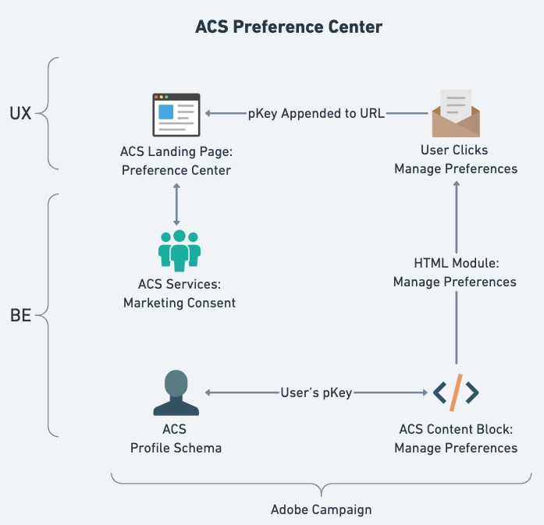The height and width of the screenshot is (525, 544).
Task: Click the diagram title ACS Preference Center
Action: tap(288, 27)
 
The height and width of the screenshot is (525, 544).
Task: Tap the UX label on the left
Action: tap(20, 113)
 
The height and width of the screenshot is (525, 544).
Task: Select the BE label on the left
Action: tap(20, 317)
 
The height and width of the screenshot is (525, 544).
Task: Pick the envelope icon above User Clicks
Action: tap(456, 114)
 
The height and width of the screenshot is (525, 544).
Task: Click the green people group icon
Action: tap(180, 250)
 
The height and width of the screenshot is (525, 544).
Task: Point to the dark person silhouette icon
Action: tap(176, 393)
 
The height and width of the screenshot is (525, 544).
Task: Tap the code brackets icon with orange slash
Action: tap(456, 392)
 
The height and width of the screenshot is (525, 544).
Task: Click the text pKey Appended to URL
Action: tap(316, 114)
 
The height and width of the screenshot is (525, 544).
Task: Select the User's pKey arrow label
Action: tap(316, 393)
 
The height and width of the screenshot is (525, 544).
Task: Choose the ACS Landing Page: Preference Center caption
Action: tap(176, 161)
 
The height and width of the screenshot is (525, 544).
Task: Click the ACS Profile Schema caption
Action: tap(176, 438)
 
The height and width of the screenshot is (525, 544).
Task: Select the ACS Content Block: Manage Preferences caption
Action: tap(456, 438)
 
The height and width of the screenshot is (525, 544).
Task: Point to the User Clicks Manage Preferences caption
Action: tap(456, 160)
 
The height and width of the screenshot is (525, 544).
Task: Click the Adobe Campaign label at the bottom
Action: tap(321, 510)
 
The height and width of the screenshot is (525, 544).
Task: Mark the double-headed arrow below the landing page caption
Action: tap(177, 204)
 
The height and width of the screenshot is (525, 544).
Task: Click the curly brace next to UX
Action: tap(47, 114)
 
